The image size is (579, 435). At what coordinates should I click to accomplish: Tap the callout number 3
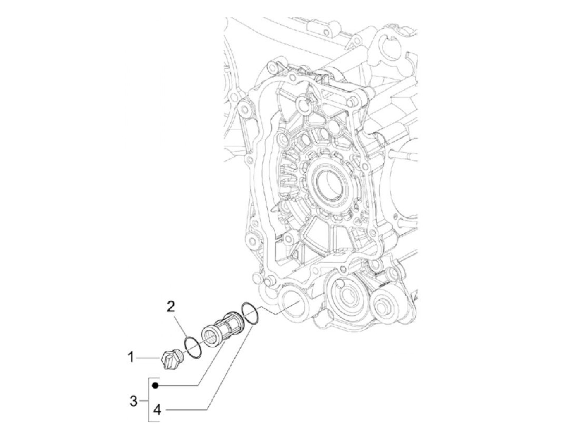pos(133,401)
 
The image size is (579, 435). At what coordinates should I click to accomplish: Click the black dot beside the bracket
pos(155,385)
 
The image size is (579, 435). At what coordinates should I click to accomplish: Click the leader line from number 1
pos(149,357)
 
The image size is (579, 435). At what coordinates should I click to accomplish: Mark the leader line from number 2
pos(182,326)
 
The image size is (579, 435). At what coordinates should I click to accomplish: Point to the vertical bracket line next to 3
pos(148,400)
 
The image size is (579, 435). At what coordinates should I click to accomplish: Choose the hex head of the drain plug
pos(167,361)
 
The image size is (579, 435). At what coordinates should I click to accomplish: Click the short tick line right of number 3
pos(144,401)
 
